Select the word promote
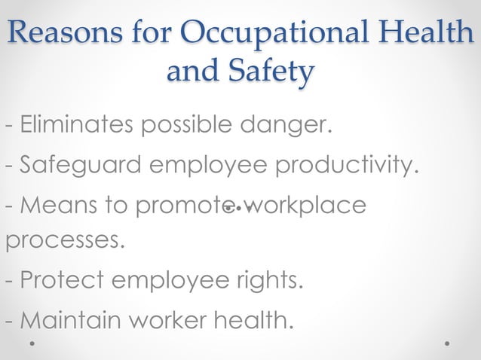pyautogui.click(x=176, y=205)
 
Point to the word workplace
pyautogui.click(x=305, y=205)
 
